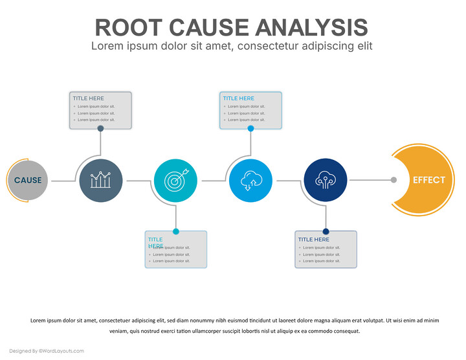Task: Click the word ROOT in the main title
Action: (129, 27)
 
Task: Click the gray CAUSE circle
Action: (27, 181)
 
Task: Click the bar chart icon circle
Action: (100, 180)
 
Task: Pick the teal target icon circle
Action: (175, 180)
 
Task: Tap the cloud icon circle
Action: (250, 180)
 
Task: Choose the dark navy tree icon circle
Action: (325, 180)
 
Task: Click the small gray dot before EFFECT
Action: (394, 180)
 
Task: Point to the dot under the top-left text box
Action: (100, 128)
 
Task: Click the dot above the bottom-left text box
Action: (175, 231)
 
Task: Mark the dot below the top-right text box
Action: (250, 128)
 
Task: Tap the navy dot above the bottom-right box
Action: (326, 231)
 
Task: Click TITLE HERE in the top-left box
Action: (88, 98)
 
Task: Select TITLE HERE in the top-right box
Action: (239, 98)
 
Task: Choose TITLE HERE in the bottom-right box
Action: (313, 240)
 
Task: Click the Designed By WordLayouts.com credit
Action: (47, 351)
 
